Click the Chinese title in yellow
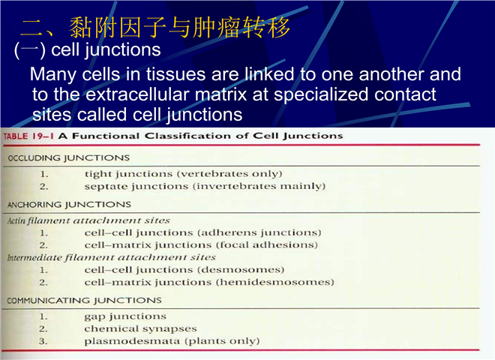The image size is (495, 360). click(x=155, y=28)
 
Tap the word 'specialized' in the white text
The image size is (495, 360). click(x=321, y=95)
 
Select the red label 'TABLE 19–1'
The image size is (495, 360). click(x=28, y=136)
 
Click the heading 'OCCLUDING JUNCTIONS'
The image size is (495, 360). click(x=69, y=158)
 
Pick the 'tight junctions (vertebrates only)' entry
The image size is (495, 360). click(x=183, y=174)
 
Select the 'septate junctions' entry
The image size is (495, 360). click(x=136, y=187)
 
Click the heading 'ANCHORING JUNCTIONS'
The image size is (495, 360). click(x=69, y=205)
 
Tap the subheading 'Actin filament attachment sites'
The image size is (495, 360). click(x=88, y=220)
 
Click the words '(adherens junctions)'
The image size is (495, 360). click(x=259, y=232)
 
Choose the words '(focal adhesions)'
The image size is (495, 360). click(x=267, y=245)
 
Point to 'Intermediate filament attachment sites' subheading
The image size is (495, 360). click(x=112, y=258)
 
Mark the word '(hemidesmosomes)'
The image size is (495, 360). click(x=275, y=282)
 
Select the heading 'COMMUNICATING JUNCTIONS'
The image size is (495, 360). click(x=84, y=300)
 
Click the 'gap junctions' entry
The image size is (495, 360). click(x=125, y=316)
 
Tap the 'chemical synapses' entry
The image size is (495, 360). click(x=140, y=329)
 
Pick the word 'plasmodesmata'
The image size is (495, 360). click(x=133, y=341)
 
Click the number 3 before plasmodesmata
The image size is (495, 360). click(x=43, y=341)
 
